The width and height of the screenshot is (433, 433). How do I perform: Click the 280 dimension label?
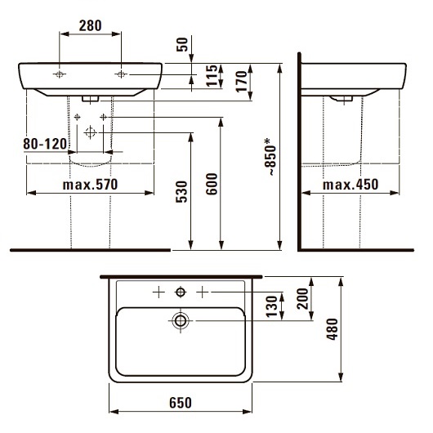(91, 25)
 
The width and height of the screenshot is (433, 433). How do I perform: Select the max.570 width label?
(91, 185)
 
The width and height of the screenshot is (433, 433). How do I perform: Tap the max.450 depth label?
(350, 185)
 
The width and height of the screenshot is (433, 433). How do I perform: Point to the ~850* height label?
(270, 157)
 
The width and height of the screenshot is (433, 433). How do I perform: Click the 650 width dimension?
(181, 403)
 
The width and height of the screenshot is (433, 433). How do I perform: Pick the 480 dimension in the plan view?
(332, 329)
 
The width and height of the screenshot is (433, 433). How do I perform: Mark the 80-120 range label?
(45, 144)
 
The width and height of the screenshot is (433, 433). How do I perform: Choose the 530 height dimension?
(181, 192)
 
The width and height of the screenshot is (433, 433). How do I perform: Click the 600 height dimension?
(212, 184)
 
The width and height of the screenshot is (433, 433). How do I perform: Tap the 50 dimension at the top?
(182, 44)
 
